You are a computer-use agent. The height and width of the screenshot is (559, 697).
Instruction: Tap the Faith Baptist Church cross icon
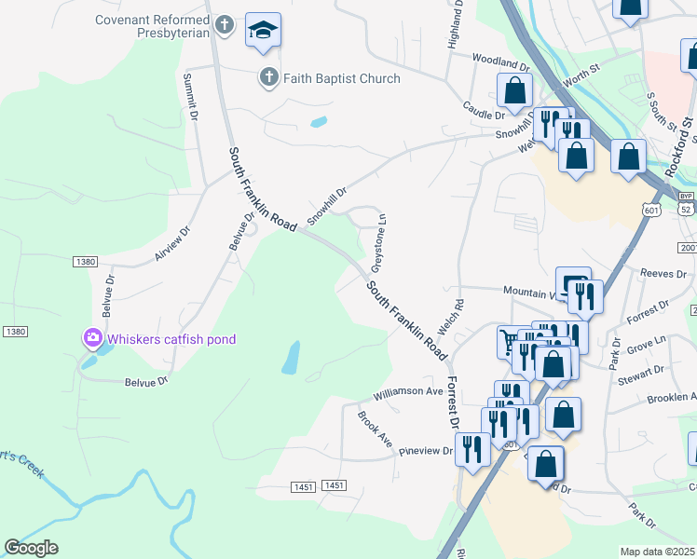[x=268, y=77]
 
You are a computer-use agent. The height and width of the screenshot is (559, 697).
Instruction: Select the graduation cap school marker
[x=263, y=33]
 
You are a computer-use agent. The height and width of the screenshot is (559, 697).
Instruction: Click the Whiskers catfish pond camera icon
[x=92, y=338]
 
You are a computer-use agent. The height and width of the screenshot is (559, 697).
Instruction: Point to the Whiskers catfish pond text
[x=171, y=339]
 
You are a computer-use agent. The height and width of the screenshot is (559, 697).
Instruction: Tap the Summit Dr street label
[x=193, y=96]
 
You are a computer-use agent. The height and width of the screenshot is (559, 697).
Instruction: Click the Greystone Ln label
[x=379, y=243]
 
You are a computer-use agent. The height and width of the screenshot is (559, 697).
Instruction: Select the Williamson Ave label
[x=409, y=392]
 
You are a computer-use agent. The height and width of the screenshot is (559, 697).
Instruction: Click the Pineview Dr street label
[x=425, y=451]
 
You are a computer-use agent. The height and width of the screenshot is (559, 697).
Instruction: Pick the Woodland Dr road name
[x=500, y=62]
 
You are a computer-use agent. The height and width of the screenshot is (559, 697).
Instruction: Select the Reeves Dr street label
[x=663, y=272]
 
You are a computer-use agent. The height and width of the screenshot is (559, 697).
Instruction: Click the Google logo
[x=32, y=548]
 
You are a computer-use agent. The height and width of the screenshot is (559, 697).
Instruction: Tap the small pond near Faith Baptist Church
[x=319, y=121]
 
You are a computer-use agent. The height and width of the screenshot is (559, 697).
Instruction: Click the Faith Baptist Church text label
[x=341, y=78]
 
